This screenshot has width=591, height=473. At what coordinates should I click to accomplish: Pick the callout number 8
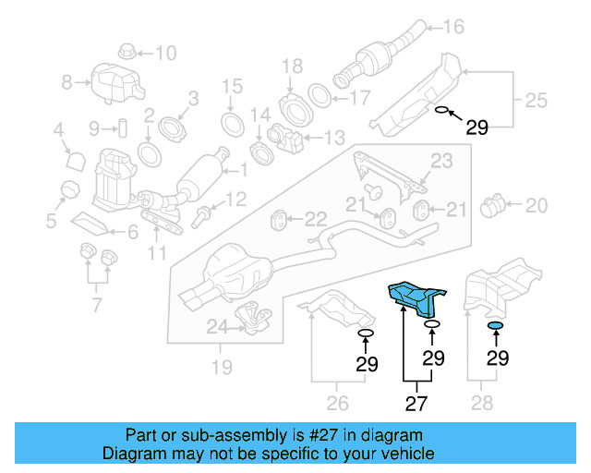(66, 83)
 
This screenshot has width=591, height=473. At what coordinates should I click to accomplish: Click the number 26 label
(337, 403)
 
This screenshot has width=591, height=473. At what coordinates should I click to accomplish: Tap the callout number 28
(481, 403)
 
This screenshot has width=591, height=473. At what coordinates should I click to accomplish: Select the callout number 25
(537, 97)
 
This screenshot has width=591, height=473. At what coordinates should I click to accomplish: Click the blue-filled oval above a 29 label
(496, 327)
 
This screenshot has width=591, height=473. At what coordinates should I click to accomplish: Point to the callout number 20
(537, 203)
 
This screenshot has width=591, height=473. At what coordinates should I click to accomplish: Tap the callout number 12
(235, 199)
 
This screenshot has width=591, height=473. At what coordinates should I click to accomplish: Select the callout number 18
(292, 66)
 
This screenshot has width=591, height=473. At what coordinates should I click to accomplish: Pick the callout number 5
(52, 222)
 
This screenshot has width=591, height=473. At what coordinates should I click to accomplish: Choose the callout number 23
(441, 162)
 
